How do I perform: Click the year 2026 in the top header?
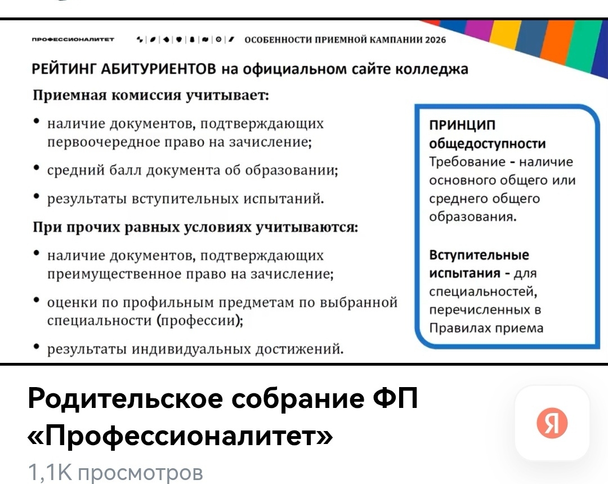[435, 39]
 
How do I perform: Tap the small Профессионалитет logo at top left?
[73, 40]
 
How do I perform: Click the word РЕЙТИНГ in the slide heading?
[66, 69]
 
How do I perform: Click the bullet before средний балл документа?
[37, 168]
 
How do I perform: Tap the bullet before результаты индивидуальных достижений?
[37, 348]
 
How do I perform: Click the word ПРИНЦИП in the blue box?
[462, 125]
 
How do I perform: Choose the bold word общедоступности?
[488, 144]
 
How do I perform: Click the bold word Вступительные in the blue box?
[479, 255]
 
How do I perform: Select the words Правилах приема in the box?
[486, 328]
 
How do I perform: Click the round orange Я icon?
[552, 423]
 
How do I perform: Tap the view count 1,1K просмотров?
[115, 472]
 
